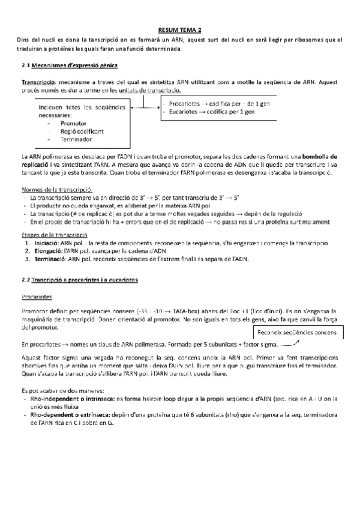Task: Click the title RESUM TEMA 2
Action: (x=179, y=29)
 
